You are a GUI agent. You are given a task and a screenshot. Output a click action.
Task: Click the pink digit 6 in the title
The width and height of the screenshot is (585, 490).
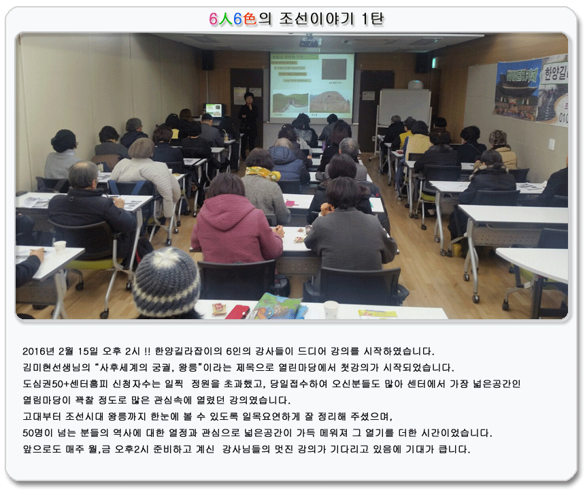pos(213,18)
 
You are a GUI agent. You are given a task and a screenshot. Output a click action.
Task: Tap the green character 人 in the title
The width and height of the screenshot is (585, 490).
pos(225,18)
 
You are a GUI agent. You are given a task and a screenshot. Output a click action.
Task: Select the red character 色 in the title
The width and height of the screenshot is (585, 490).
pos(250,18)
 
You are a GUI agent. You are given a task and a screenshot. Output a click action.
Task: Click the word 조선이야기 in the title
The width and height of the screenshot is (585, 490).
pos(316,18)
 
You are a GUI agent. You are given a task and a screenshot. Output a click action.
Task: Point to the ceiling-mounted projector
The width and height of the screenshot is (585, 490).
pos(309,41)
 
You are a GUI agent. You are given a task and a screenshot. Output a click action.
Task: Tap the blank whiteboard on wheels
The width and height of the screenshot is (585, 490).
pos(405,107)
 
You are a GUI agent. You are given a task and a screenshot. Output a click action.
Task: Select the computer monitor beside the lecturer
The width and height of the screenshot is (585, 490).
pos(214,110)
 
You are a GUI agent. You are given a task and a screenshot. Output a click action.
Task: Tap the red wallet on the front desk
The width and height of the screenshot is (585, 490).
pos(237,312)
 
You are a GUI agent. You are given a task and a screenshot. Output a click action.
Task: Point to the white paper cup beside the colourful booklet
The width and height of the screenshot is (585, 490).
pos(331,310)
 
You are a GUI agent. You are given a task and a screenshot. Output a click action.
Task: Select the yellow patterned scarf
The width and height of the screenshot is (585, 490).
pos(263,173)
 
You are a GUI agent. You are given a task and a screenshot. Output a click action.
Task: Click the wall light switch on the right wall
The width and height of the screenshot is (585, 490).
pos(551,144)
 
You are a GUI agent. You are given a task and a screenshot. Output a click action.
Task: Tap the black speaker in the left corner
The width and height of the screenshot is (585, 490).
pos(207,60)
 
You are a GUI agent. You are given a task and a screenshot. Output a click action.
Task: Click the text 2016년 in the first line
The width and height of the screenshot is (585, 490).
pos(38,351)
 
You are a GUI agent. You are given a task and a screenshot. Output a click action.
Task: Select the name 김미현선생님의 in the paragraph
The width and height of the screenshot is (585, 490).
pos(56,367)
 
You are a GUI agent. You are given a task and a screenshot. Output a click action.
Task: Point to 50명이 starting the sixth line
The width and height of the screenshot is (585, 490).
pos(37,433)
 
